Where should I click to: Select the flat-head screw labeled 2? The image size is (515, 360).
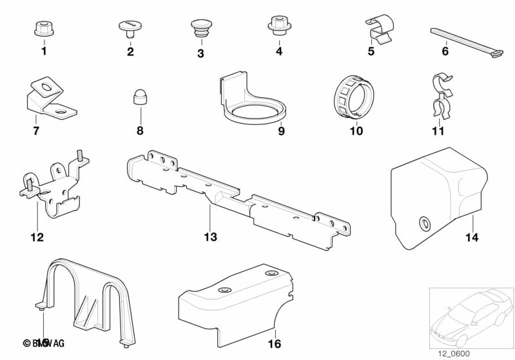coord(130,27)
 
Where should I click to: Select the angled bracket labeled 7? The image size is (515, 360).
coord(47,101)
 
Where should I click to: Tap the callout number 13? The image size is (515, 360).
coord(211,237)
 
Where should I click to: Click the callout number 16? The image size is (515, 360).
coord(275,344)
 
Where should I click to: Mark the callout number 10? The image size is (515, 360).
coord(356,131)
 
